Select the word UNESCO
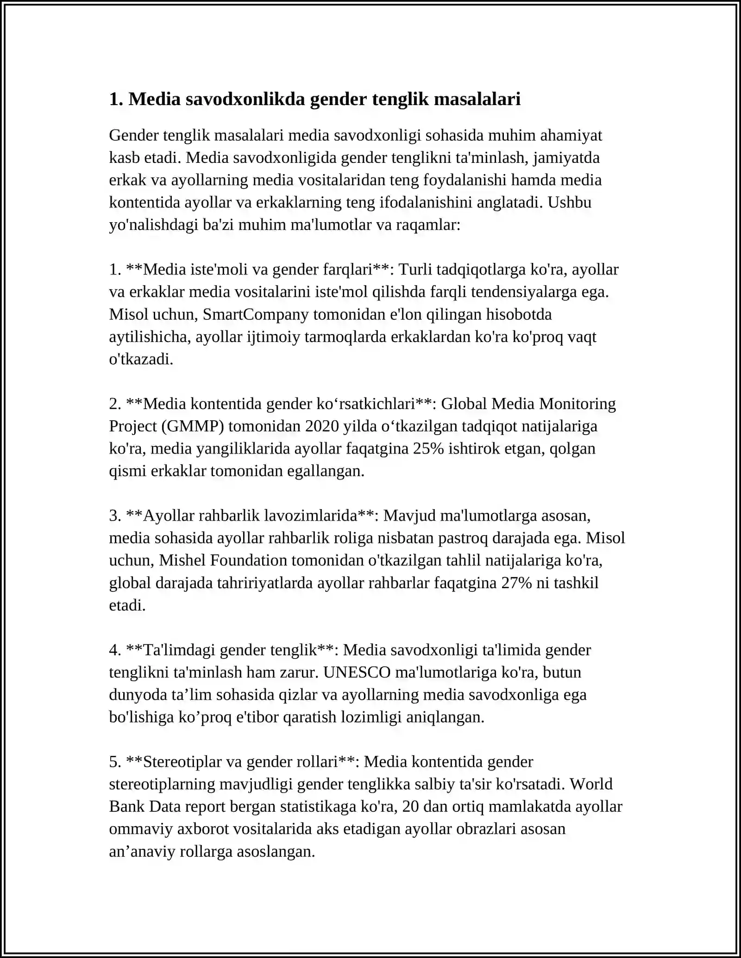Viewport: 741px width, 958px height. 357,672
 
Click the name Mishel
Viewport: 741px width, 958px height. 182,560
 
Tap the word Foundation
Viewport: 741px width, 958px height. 249,560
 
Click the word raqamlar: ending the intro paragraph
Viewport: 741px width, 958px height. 428,225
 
